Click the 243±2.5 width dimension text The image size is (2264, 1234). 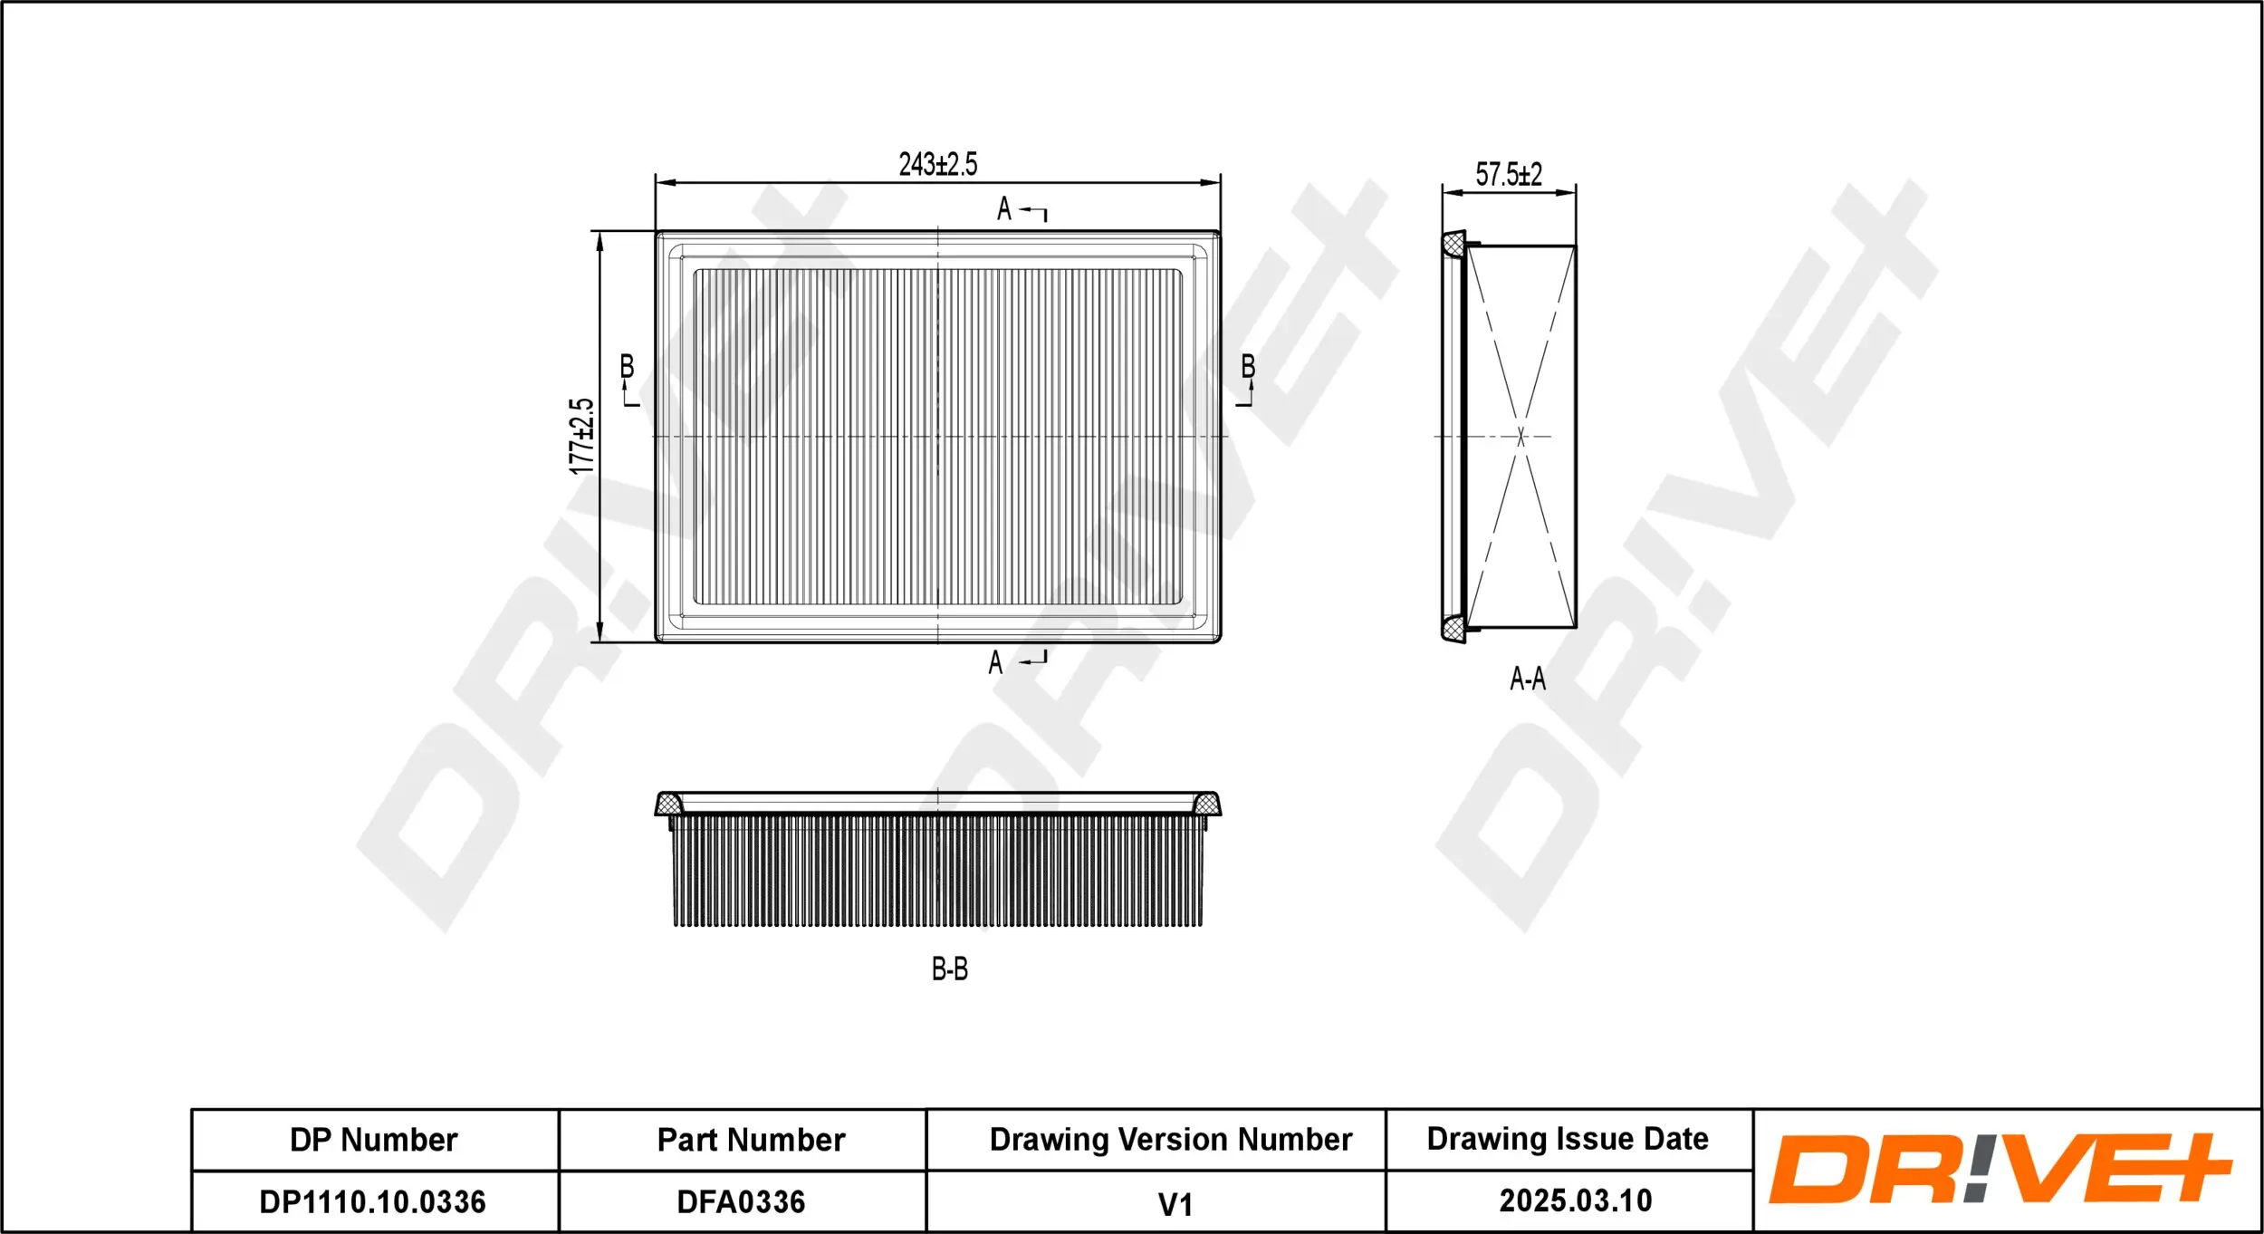click(937, 164)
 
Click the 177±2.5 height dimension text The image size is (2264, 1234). click(581, 436)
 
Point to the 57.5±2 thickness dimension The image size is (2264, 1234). click(1508, 174)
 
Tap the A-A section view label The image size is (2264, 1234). click(1527, 679)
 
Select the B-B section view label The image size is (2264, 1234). click(949, 969)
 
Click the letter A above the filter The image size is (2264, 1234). click(1003, 209)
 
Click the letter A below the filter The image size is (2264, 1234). click(995, 663)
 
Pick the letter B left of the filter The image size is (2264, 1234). click(627, 367)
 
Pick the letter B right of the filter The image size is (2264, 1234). click(1248, 367)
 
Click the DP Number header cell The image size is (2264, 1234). click(373, 1140)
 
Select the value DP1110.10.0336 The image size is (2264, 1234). click(372, 1202)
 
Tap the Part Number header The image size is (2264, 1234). click(751, 1140)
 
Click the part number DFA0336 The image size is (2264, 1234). click(741, 1202)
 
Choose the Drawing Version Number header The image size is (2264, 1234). click(1170, 1139)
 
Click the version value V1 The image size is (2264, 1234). click(1175, 1205)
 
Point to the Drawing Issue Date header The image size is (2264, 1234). click(1568, 1139)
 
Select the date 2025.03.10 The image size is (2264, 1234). click(1575, 1201)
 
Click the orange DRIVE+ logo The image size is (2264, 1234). click(2000, 1169)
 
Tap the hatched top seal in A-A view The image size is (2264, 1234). click(1453, 245)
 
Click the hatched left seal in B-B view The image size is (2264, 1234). click(668, 804)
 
